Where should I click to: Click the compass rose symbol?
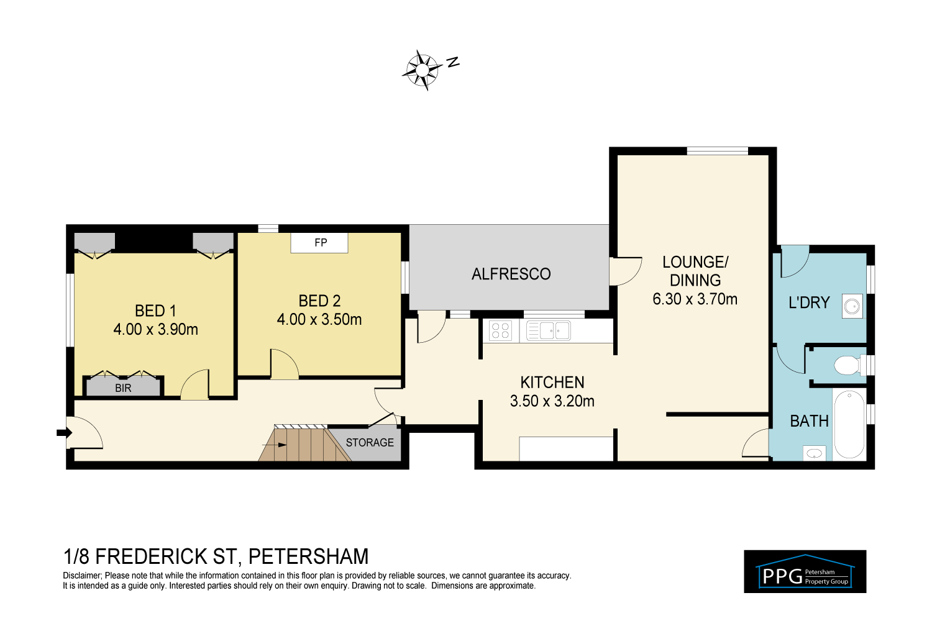[422, 70]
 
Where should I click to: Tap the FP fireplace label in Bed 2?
[321, 242]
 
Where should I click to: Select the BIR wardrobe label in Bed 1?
[123, 388]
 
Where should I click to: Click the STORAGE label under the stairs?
[370, 442]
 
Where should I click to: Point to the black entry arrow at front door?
[64, 433]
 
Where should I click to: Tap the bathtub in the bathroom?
[849, 424]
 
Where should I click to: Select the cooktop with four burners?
[500, 331]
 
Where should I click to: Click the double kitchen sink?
[549, 331]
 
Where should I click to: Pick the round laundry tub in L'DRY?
[852, 306]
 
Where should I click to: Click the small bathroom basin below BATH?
[814, 453]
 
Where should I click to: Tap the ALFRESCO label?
[511, 274]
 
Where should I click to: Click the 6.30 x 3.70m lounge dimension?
[695, 299]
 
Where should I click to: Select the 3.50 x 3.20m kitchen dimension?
[552, 401]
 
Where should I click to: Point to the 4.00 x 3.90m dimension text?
[155, 329]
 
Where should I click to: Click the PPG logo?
[805, 571]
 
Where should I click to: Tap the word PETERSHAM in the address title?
[308, 556]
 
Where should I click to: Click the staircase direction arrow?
[274, 445]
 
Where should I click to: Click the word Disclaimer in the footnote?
[81, 576]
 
